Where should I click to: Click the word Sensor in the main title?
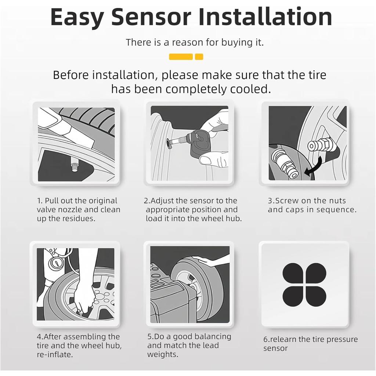(x=151, y=17)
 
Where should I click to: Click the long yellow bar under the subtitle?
(x=181, y=57)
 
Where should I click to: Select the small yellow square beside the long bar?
(x=199, y=57)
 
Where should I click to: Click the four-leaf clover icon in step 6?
(x=304, y=285)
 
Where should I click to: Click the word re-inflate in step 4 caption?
(x=55, y=354)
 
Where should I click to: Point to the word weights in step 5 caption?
(x=163, y=354)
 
